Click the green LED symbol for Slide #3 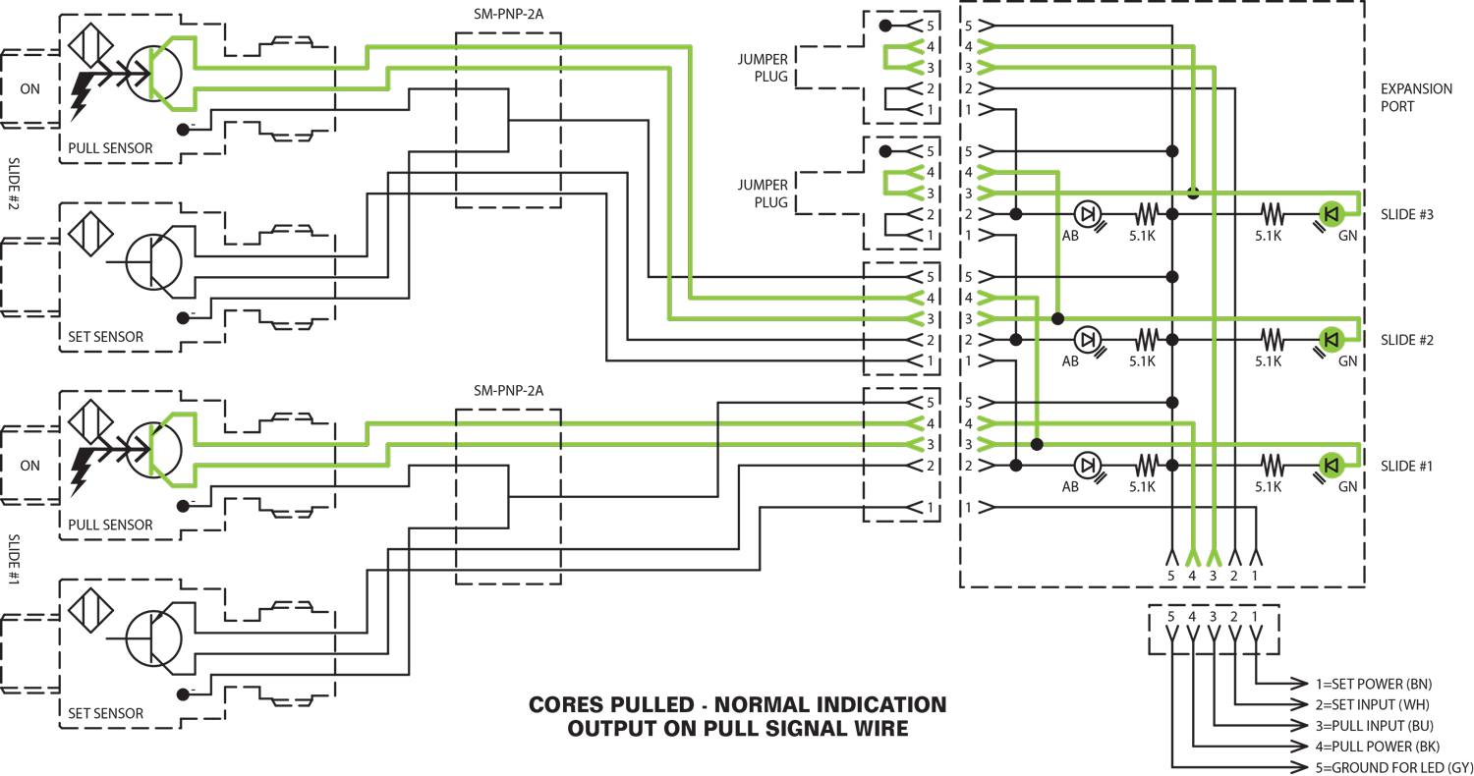(x=1332, y=213)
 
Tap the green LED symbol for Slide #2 (x=1332, y=340)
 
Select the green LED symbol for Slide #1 (x=1332, y=465)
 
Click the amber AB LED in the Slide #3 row (x=1085, y=213)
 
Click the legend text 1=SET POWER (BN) (x=1371, y=683)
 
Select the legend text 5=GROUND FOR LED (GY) (x=1390, y=766)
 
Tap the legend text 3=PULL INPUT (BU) (x=1372, y=725)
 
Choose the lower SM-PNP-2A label (x=508, y=390)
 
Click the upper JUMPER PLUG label (x=763, y=66)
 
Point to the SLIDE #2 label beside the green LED (x=1407, y=340)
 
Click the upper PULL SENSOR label (x=110, y=148)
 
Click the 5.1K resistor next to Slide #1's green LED (x=1269, y=464)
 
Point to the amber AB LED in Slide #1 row (x=1085, y=464)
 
